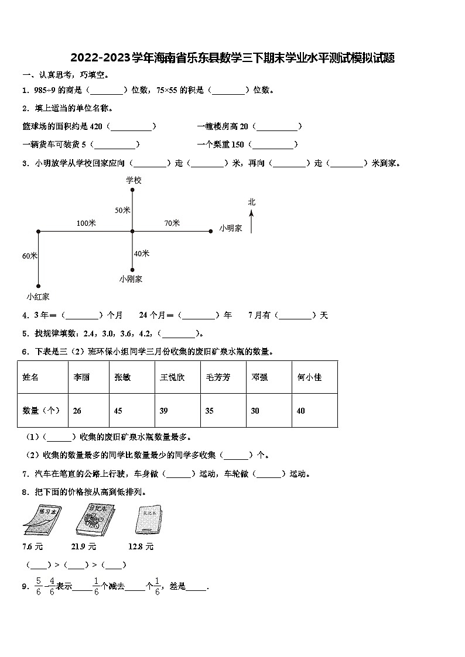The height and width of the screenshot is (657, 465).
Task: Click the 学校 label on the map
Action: (x=134, y=181)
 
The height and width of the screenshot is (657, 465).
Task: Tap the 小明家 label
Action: (x=231, y=228)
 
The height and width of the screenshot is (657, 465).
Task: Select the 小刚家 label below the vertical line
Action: (x=131, y=279)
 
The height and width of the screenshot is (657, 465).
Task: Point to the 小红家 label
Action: (x=38, y=297)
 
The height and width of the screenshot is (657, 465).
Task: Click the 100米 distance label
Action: (x=86, y=223)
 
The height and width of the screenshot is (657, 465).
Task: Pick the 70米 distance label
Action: (x=172, y=223)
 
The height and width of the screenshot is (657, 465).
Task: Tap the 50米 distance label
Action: (x=122, y=210)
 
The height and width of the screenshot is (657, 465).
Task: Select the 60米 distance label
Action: (x=30, y=256)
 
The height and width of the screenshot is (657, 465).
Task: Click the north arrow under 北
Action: (x=251, y=222)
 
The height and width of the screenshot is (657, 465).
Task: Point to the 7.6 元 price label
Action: (x=33, y=546)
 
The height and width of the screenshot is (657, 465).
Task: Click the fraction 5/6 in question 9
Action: (x=38, y=587)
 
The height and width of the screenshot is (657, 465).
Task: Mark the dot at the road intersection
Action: (x=132, y=232)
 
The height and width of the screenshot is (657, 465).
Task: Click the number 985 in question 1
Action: (x=40, y=90)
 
